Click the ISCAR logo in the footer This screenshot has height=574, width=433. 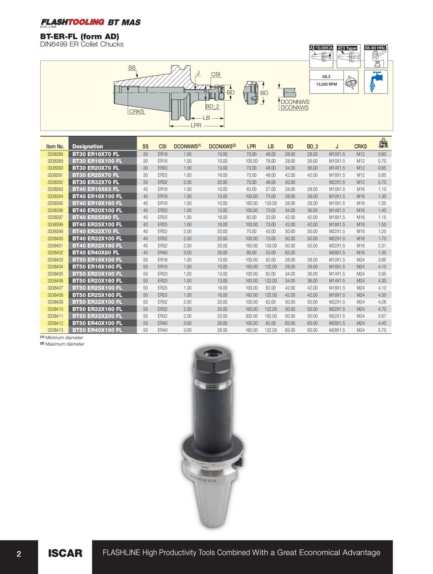click(65, 553)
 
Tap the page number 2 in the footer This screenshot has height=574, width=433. click(19, 553)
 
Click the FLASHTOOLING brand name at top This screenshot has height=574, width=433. click(72, 22)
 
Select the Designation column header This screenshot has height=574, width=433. click(87, 146)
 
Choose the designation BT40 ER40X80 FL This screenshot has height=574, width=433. click(96, 253)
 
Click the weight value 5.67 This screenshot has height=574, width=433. click(382, 316)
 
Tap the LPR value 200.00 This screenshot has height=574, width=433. click(251, 316)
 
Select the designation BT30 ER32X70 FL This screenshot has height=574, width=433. click(96, 182)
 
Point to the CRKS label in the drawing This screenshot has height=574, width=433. click(136, 112)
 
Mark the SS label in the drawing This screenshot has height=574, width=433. click(132, 67)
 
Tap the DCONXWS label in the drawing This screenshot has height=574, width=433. click(295, 108)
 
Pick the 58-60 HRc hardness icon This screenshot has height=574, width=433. click(376, 56)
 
